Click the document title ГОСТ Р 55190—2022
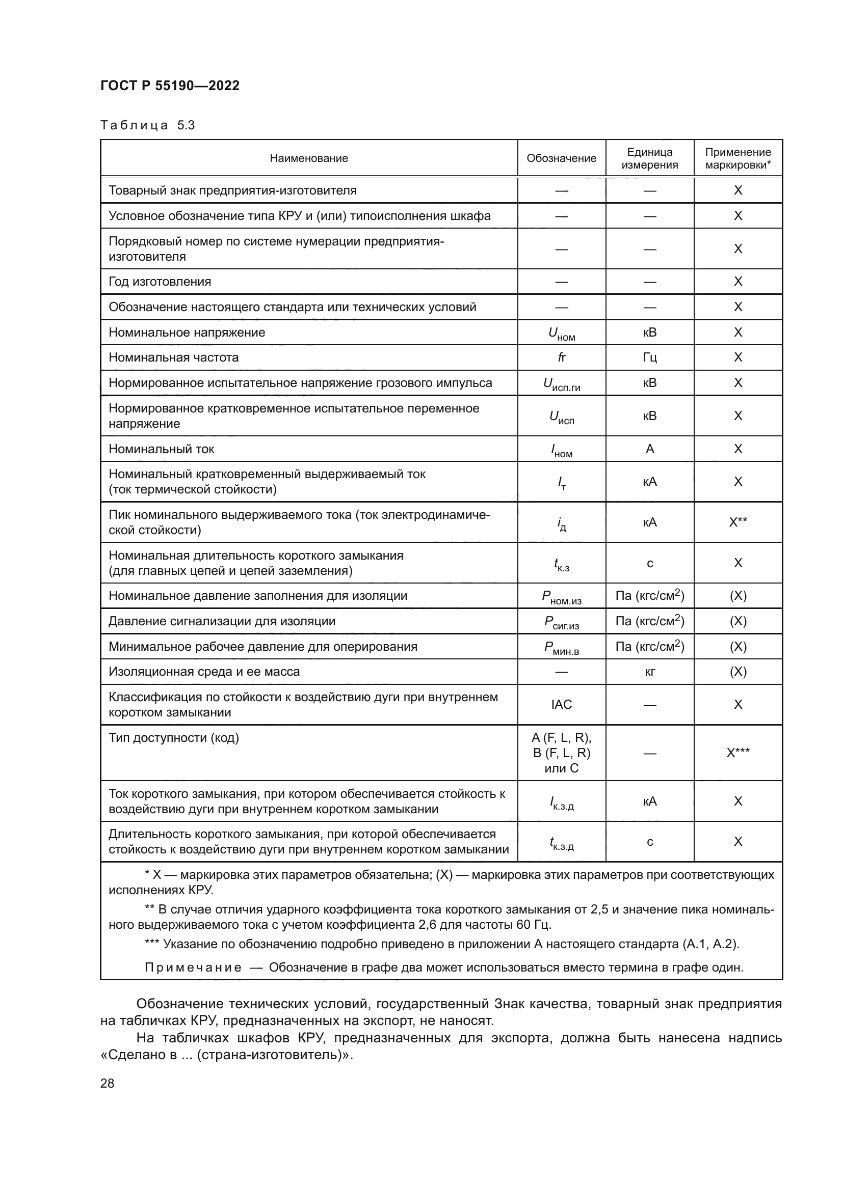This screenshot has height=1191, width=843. point(170,86)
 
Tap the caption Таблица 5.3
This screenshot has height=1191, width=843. point(147,125)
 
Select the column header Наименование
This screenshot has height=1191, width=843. point(309,158)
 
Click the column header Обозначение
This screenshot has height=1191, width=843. point(561,158)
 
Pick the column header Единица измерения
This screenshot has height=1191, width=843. point(649,158)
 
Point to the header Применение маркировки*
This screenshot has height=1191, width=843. point(737,158)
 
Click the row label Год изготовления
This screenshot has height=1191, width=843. point(160,282)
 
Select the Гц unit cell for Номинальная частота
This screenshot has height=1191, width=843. point(649,357)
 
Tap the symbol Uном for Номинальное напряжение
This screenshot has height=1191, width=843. point(561,334)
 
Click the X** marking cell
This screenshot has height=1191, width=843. point(737,522)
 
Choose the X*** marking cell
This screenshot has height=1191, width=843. point(737,753)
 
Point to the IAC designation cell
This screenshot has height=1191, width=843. point(561,704)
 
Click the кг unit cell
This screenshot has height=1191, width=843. point(649,672)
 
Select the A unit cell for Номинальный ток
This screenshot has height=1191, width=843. point(649,449)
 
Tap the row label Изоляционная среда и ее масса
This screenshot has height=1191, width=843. point(204,672)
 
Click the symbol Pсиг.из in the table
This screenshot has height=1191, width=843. point(561,622)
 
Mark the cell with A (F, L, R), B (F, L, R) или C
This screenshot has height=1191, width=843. point(561,753)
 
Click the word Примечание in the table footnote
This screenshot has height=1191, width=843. point(193,967)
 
